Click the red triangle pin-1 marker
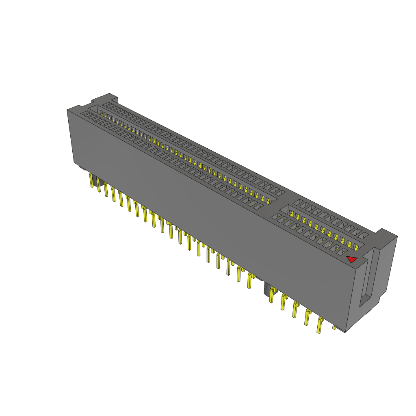tap(351, 259)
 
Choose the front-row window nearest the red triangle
tap(342, 251)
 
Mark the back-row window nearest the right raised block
tap(364, 235)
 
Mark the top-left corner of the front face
tap(67, 110)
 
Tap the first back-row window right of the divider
tap(298, 202)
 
